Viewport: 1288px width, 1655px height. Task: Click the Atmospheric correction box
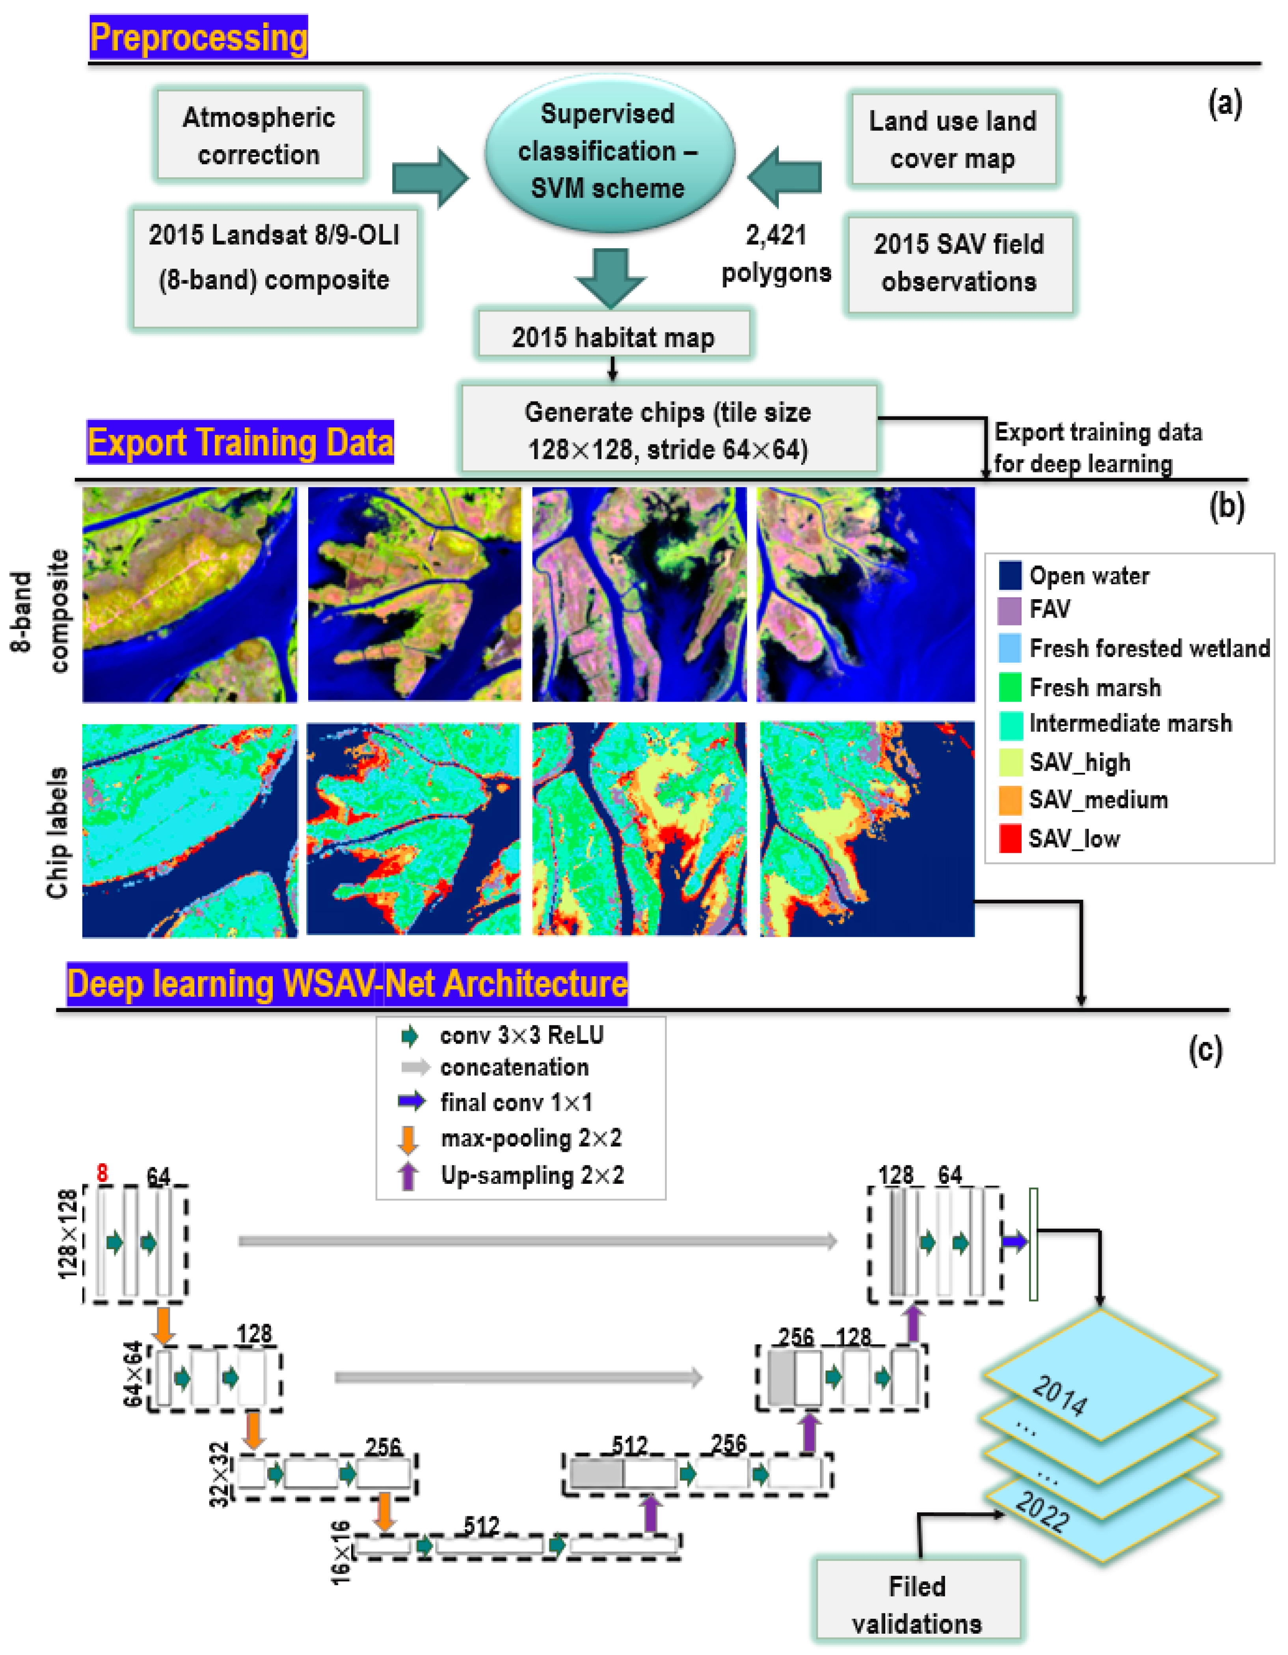[259, 135]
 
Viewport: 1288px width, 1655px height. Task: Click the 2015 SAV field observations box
[959, 263]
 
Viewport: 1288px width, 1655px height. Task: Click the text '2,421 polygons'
[776, 254]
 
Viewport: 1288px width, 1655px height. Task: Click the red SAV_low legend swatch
[1010, 838]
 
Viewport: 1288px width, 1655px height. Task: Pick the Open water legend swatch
[1010, 575]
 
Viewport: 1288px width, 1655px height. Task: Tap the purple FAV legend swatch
[1010, 609]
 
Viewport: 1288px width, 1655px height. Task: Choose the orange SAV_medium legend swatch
[1010, 799]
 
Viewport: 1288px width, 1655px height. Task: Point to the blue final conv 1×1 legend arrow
[411, 1101]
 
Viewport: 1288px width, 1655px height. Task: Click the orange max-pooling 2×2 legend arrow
[408, 1138]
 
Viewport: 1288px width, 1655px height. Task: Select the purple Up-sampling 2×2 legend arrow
[408, 1175]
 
